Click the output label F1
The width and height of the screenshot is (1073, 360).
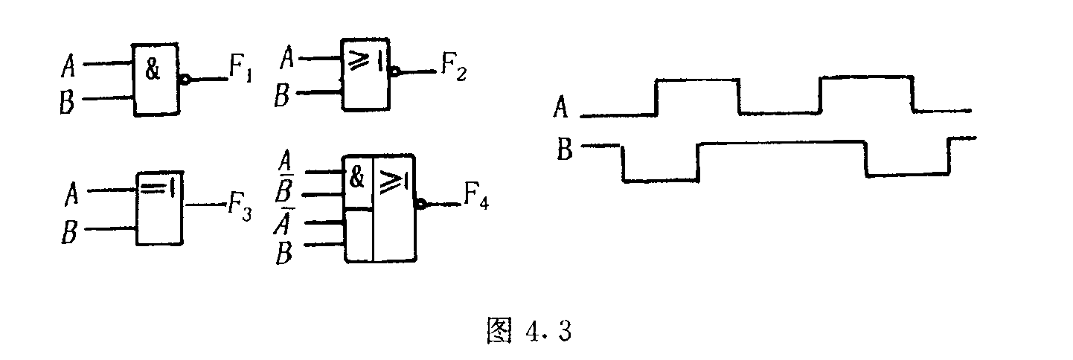240,68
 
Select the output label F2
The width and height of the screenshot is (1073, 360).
453,66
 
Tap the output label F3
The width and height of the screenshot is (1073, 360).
239,207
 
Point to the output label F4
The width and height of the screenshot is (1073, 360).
476,196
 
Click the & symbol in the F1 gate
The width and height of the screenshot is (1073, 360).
153,69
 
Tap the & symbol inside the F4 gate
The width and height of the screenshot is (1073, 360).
357,178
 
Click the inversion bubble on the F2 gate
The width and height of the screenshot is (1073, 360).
394,72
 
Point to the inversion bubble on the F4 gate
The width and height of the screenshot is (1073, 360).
420,205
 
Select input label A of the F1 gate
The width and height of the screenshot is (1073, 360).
68,66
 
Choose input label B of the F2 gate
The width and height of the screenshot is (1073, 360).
282,94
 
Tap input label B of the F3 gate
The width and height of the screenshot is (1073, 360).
69,232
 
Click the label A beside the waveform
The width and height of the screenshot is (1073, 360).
560,107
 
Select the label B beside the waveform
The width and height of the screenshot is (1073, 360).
564,149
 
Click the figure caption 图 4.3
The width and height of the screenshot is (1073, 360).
529,330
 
